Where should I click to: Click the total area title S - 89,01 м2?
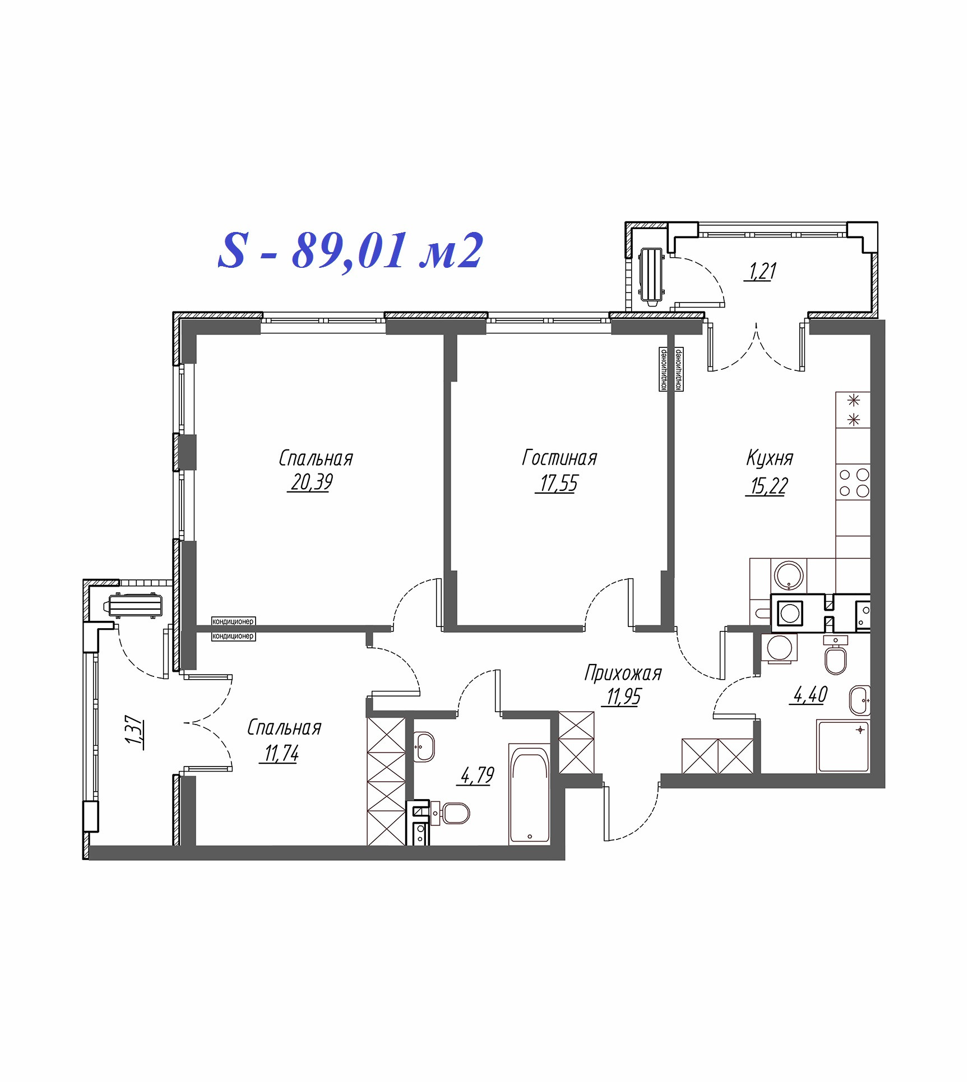(x=350, y=251)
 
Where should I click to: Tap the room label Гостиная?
(x=559, y=458)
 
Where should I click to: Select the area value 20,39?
(x=312, y=482)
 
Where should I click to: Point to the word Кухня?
(x=770, y=458)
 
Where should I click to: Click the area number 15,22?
(x=769, y=485)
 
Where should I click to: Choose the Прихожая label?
(x=623, y=673)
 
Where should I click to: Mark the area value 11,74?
(x=281, y=754)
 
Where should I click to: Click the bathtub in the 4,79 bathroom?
(x=529, y=795)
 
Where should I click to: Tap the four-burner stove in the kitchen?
(x=853, y=482)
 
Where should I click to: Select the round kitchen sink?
(x=789, y=575)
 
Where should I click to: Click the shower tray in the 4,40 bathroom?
(x=843, y=746)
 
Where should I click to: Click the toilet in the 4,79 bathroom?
(x=452, y=814)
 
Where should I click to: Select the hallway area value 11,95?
(x=623, y=696)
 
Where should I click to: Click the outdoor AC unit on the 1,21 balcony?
(x=651, y=277)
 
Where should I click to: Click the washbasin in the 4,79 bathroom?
(x=424, y=747)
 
